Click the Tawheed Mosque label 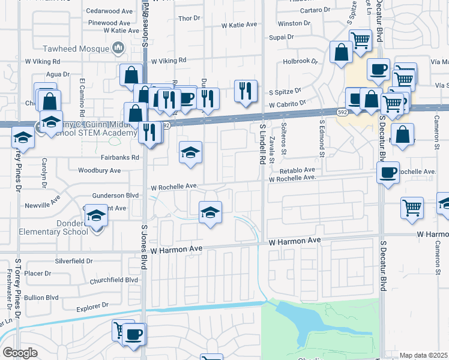click(x=77, y=48)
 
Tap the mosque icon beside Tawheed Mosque click(x=119, y=47)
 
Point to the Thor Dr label click(x=188, y=18)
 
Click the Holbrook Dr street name click(x=300, y=61)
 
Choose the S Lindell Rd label click(x=262, y=144)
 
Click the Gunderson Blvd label click(x=116, y=196)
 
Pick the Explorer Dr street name click(x=92, y=306)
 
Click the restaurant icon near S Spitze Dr click(x=245, y=91)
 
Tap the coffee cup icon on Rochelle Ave click(x=388, y=173)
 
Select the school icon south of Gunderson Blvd click(x=210, y=211)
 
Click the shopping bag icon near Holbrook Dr click(x=340, y=52)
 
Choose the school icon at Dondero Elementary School click(x=96, y=216)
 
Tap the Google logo click(x=20, y=353)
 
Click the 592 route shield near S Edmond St click(x=342, y=112)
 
